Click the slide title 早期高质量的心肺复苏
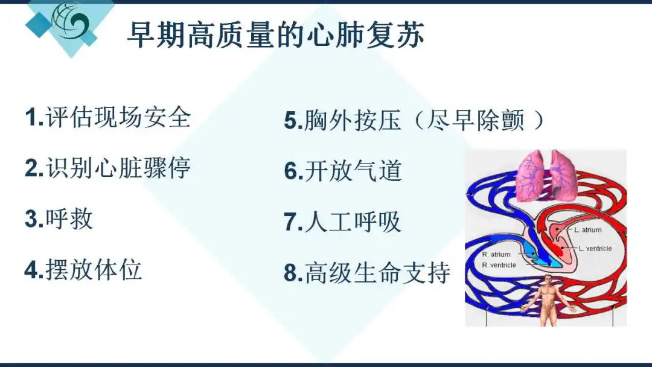pyautogui.click(x=275, y=35)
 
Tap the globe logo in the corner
pyautogui.click(x=71, y=20)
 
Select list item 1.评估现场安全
pyautogui.click(x=107, y=117)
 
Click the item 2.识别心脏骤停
pyautogui.click(x=107, y=168)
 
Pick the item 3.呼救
pyautogui.click(x=59, y=219)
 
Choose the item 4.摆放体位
pyautogui.click(x=83, y=269)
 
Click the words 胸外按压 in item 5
pyautogui.click(x=353, y=121)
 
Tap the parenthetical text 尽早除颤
pyautogui.click(x=475, y=121)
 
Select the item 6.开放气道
pyautogui.click(x=343, y=171)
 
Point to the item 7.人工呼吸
pyautogui.click(x=342, y=222)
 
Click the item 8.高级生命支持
pyautogui.click(x=367, y=273)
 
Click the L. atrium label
pyautogui.click(x=587, y=229)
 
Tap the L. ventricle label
pyautogui.click(x=595, y=248)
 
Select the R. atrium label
pyautogui.click(x=496, y=254)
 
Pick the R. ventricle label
pyautogui.click(x=499, y=265)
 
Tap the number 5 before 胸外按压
pyautogui.click(x=290, y=121)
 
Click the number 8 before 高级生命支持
pyautogui.click(x=290, y=273)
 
